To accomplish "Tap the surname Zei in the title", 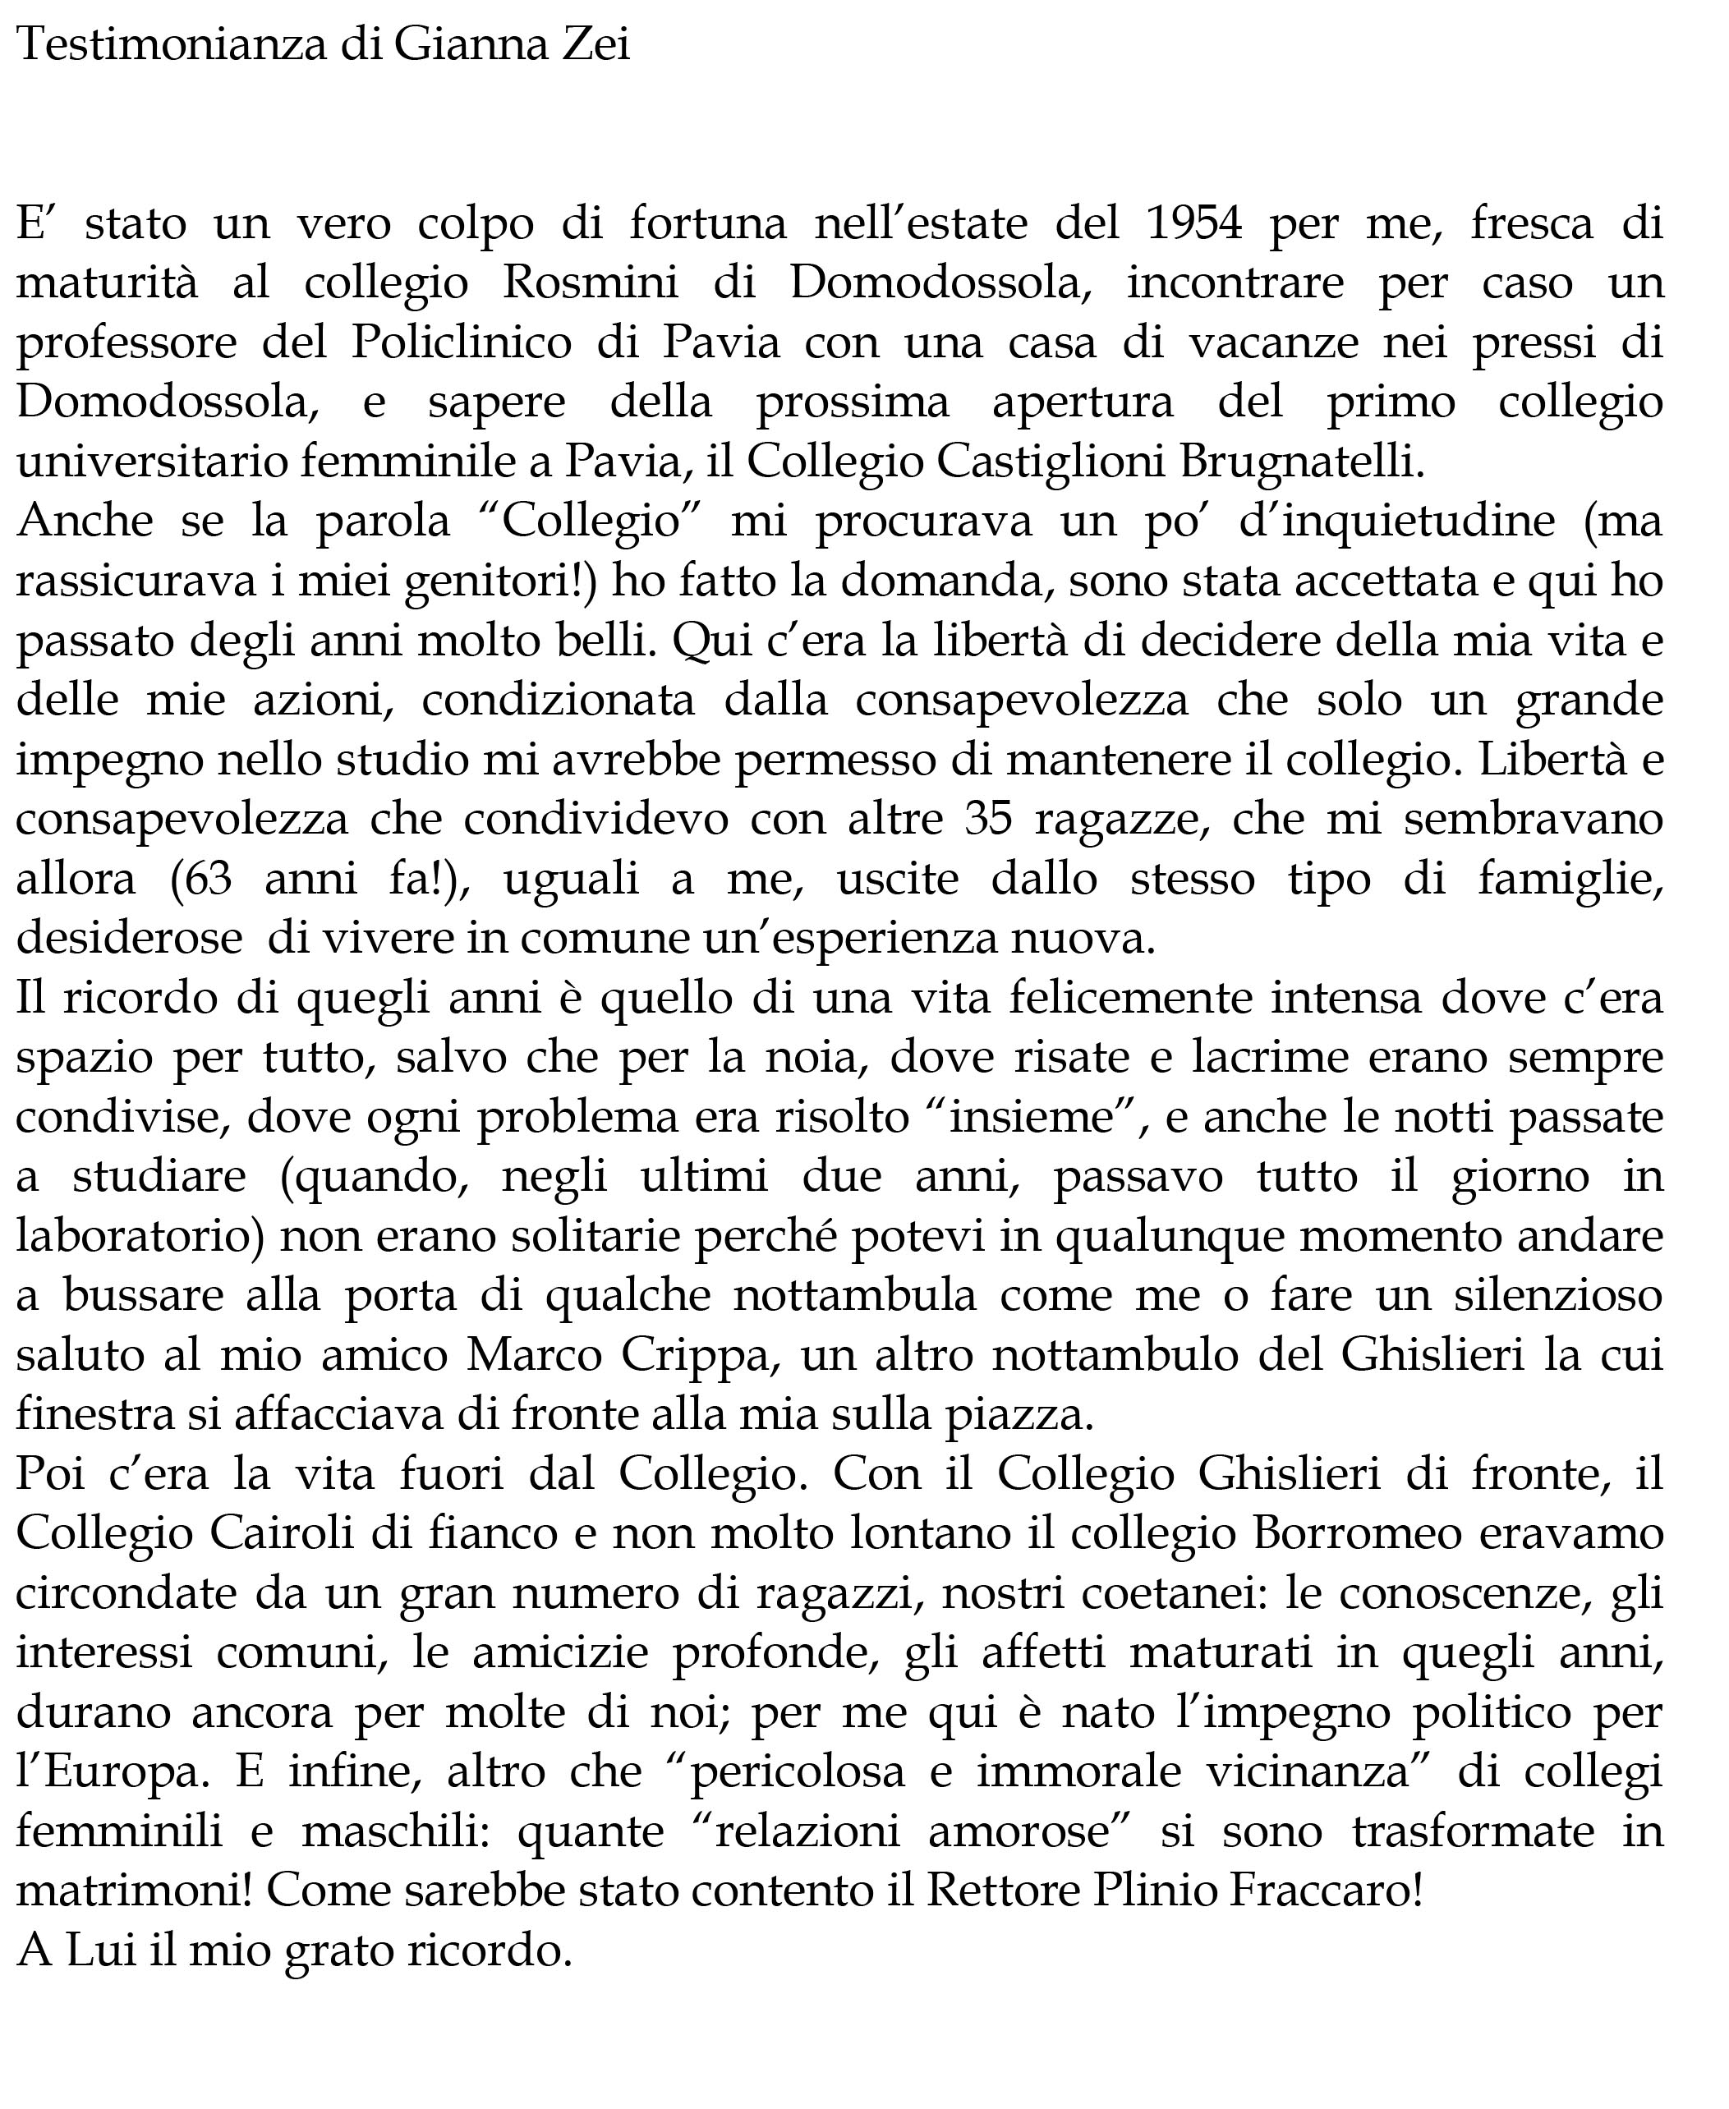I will point(595,45).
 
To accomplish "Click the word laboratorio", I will point(140,1237).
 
